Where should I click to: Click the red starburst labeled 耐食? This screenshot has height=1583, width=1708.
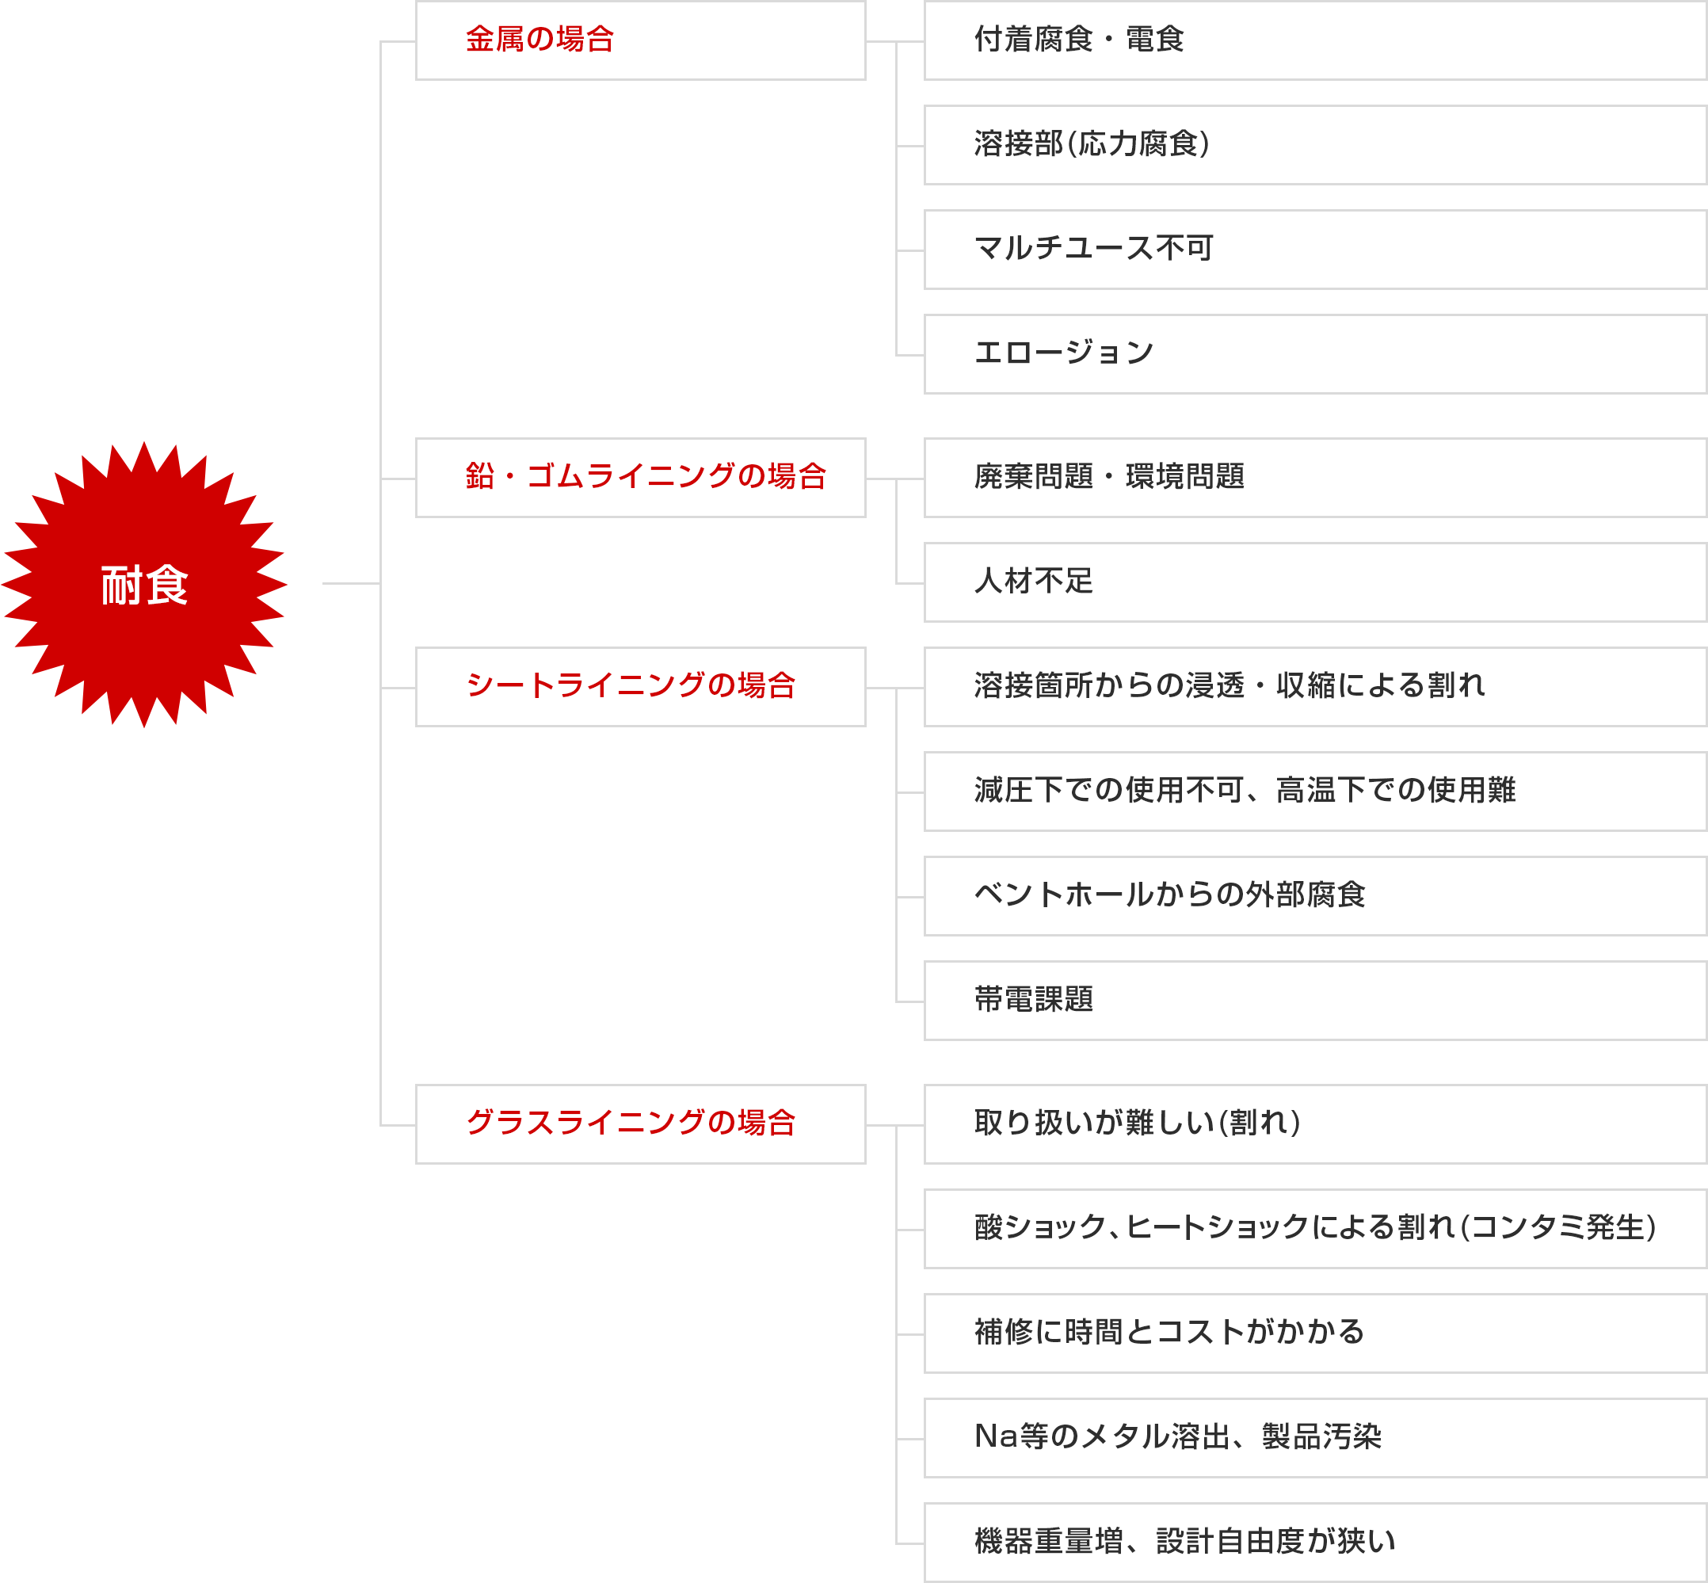(144, 584)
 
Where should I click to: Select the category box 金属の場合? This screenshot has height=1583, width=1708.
(641, 40)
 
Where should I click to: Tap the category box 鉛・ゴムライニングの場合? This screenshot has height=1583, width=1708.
(641, 478)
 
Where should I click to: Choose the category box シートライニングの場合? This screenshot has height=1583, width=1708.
(641, 687)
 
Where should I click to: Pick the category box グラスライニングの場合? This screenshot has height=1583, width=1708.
(641, 1123)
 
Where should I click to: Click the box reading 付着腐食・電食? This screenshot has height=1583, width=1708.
(1316, 40)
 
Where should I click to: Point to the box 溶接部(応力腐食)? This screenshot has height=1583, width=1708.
(1316, 145)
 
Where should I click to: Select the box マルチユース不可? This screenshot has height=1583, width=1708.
(1316, 250)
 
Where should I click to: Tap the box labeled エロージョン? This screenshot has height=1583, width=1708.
(1316, 354)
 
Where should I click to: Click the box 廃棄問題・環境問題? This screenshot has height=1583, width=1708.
(1316, 478)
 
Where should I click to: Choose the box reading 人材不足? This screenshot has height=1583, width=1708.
(1316, 582)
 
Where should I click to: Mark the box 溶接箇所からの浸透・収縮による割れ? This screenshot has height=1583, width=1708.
(1316, 687)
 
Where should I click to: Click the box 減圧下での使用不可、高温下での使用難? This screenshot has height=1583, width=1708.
(1316, 791)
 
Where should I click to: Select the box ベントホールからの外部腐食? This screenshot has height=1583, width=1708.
(1316, 896)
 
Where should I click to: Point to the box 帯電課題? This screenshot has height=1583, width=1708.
(1316, 1001)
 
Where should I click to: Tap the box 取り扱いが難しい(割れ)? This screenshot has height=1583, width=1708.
(1316, 1123)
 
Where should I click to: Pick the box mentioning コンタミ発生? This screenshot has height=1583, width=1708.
(1316, 1228)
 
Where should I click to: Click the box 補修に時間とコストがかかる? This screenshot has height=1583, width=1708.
(1316, 1333)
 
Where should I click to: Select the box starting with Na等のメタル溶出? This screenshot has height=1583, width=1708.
(1316, 1437)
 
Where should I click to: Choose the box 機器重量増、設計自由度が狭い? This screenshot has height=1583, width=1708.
(1316, 1542)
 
